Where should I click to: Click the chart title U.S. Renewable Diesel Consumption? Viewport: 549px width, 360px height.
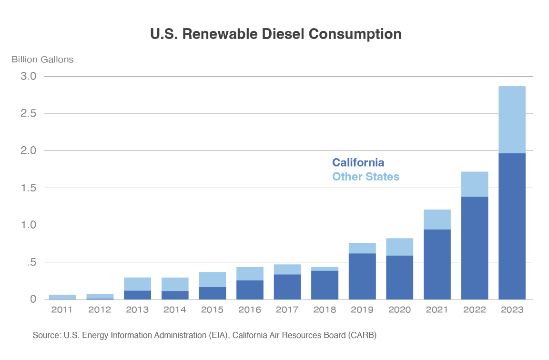coord(275,34)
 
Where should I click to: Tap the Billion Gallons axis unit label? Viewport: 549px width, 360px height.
coord(42,60)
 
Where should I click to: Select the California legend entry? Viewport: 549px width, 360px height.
coord(358,162)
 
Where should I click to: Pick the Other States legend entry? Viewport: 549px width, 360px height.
coord(366,177)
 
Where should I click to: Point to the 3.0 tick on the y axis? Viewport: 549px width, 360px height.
coord(29,76)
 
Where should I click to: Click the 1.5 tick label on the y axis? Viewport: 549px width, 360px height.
coord(29,188)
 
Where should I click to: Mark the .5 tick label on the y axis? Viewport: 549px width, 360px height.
coord(31,262)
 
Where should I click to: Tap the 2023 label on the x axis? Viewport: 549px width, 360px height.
coord(512,310)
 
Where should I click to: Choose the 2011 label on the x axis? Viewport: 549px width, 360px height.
coord(61,310)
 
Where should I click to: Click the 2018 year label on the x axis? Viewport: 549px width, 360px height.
coord(325,310)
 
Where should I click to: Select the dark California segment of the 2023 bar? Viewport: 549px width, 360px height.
coord(512,226)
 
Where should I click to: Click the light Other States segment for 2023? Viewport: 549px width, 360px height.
coord(512,120)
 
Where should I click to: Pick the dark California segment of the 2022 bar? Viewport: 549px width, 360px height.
coord(475,248)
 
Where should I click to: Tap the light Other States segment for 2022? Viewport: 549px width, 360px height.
coord(475,184)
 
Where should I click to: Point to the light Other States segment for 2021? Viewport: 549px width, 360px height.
coord(437,220)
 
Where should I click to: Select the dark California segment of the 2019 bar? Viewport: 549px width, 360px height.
coord(362,276)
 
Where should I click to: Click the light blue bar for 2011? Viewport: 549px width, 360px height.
coord(62,297)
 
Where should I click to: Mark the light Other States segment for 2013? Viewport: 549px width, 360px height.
coord(137,284)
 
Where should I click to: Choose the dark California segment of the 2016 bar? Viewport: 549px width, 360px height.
coord(250,290)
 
